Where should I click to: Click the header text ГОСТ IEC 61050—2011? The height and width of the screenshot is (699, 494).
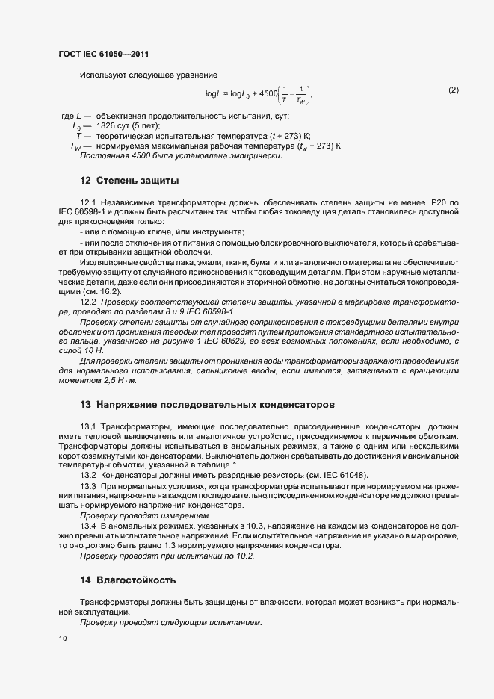(x=104, y=54)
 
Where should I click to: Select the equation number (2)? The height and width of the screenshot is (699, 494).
(x=454, y=90)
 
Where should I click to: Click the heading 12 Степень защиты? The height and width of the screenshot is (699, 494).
(x=129, y=181)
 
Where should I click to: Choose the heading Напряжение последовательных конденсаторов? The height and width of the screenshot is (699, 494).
(x=216, y=404)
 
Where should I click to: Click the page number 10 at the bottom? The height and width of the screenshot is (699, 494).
(x=62, y=639)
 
